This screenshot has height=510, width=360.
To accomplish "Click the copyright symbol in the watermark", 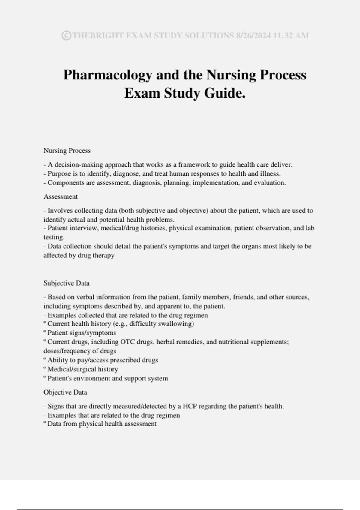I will click(x=66, y=35).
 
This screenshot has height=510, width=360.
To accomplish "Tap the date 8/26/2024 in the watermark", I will click(x=253, y=35).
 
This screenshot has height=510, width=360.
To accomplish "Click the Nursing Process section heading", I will click(x=67, y=151).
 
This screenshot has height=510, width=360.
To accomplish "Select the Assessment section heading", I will click(x=61, y=196).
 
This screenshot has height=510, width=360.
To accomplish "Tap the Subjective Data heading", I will click(x=67, y=283).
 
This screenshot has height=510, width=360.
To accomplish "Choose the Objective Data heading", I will click(x=65, y=392).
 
